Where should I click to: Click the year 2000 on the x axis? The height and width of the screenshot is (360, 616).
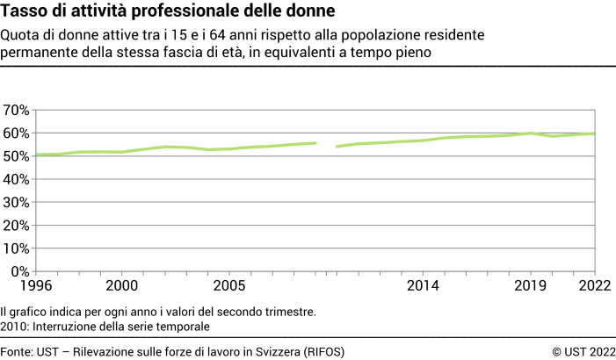coord(121,285)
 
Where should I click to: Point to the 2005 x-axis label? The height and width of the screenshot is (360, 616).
coord(229,285)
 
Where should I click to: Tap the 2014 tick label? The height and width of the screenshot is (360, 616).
coord(424,285)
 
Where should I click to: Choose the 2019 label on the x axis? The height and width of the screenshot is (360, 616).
coord(531,285)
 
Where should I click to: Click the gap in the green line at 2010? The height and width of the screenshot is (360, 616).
coord(326,145)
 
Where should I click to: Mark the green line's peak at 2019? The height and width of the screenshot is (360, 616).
coord(531,133)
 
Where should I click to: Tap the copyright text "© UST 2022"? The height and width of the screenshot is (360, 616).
coord(583,351)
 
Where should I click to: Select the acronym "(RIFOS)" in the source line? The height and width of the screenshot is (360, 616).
coord(321,351)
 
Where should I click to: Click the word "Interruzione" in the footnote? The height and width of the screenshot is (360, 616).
coord(66,326)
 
